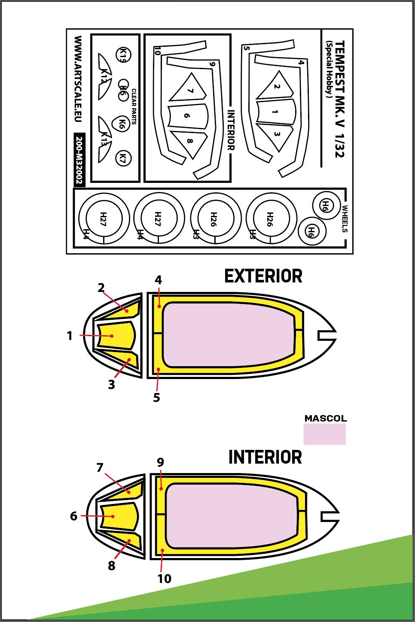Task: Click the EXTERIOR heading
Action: tap(263, 276)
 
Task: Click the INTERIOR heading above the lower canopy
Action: tap(265, 457)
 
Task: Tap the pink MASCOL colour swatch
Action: tap(324, 434)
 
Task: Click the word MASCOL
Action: tap(326, 419)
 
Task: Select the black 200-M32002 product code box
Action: tap(79, 160)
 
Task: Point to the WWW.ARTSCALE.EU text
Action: tap(78, 79)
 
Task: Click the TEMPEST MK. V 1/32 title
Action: tap(340, 99)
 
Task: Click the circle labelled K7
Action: tap(123, 158)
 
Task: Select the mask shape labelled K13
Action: tap(104, 140)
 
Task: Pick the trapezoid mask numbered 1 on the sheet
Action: tap(275, 112)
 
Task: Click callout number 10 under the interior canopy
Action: tap(165, 579)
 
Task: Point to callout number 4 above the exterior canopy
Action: tap(158, 280)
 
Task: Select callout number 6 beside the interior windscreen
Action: tap(73, 516)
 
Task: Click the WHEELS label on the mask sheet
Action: tap(345, 218)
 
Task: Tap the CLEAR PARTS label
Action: tap(134, 106)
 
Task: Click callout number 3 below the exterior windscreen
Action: tap(111, 385)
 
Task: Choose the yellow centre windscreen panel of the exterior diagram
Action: tap(116, 336)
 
